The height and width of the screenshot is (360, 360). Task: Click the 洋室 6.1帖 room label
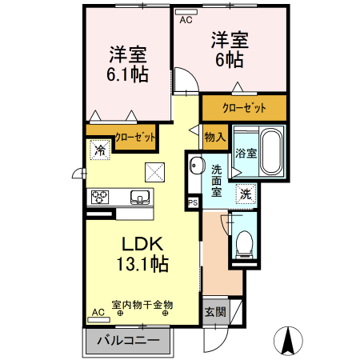129,65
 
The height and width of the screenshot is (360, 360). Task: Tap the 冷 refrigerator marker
100,149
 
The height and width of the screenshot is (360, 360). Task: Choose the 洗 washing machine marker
247,193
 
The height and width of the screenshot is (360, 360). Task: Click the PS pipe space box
192,203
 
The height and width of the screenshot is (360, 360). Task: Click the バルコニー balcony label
128,341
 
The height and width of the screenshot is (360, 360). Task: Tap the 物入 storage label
214,137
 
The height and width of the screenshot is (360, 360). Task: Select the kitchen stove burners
102,197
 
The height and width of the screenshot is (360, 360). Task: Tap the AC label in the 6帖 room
186,20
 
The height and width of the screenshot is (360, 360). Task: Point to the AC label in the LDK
98,312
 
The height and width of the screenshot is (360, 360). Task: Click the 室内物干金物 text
142,304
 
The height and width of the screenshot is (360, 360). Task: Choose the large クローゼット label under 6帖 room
244,107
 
